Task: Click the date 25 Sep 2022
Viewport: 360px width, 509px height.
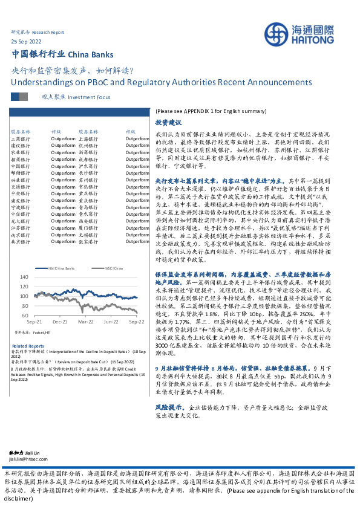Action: (x=26, y=41)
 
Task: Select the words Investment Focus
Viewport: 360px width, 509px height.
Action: (x=90, y=97)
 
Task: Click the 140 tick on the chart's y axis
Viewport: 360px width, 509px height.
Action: (x=22, y=277)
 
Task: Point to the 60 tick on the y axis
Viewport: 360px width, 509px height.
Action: (x=24, y=316)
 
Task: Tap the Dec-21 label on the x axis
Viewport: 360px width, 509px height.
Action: (x=59, y=323)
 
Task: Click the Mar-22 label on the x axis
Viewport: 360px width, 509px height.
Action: (x=85, y=323)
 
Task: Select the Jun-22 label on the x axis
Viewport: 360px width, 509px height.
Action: (x=111, y=323)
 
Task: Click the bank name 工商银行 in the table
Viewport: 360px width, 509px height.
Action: (x=21, y=138)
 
